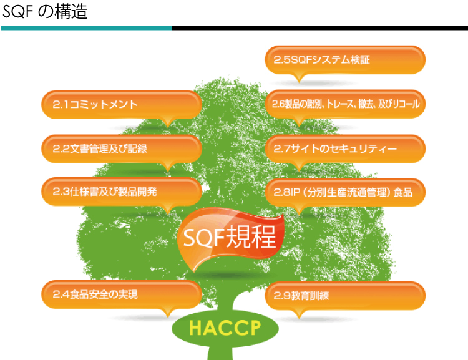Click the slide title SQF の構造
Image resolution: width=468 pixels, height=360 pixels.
(x=45, y=12)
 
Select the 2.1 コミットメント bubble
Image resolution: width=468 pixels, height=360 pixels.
(x=122, y=105)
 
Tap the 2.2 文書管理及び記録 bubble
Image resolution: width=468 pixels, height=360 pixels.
(x=122, y=149)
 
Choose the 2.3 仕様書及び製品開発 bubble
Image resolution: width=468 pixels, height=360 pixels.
(x=122, y=192)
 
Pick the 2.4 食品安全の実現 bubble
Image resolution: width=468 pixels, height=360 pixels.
(x=122, y=294)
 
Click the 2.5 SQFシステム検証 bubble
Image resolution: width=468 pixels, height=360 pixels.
(x=345, y=60)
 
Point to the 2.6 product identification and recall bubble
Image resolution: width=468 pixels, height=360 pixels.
(x=345, y=104)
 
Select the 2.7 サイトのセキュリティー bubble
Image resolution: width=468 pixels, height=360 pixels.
(x=345, y=148)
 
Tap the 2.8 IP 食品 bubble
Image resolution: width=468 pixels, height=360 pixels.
(x=345, y=192)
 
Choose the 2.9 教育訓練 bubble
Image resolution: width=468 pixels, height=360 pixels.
(x=345, y=296)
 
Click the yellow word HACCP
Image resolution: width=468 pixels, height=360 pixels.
(x=225, y=328)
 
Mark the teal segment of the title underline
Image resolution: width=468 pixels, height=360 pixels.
(x=87, y=28)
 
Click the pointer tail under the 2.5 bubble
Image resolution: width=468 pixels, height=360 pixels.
(x=299, y=77)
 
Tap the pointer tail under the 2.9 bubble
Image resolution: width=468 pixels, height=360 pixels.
(x=299, y=314)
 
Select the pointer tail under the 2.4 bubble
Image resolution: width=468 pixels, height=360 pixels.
(x=168, y=312)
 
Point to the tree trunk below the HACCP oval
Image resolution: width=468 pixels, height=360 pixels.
(x=220, y=353)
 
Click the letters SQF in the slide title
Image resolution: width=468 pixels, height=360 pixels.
(x=19, y=12)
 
